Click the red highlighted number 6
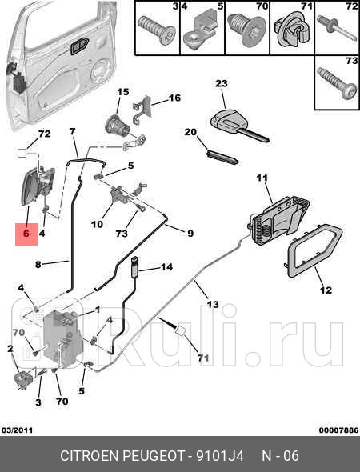[x=26, y=234]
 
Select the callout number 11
[x=262, y=178]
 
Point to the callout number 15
[x=123, y=92]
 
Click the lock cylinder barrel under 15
[x=118, y=125]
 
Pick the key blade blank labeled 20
[x=222, y=157]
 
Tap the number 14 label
[x=166, y=266]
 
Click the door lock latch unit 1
[x=62, y=339]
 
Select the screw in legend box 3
[x=157, y=30]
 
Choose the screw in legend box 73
[x=338, y=82]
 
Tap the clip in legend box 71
[x=292, y=29]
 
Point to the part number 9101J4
[x=220, y=456]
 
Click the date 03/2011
[x=17, y=430]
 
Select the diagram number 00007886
[x=339, y=430]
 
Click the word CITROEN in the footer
[x=90, y=456]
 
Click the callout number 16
[x=174, y=98]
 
